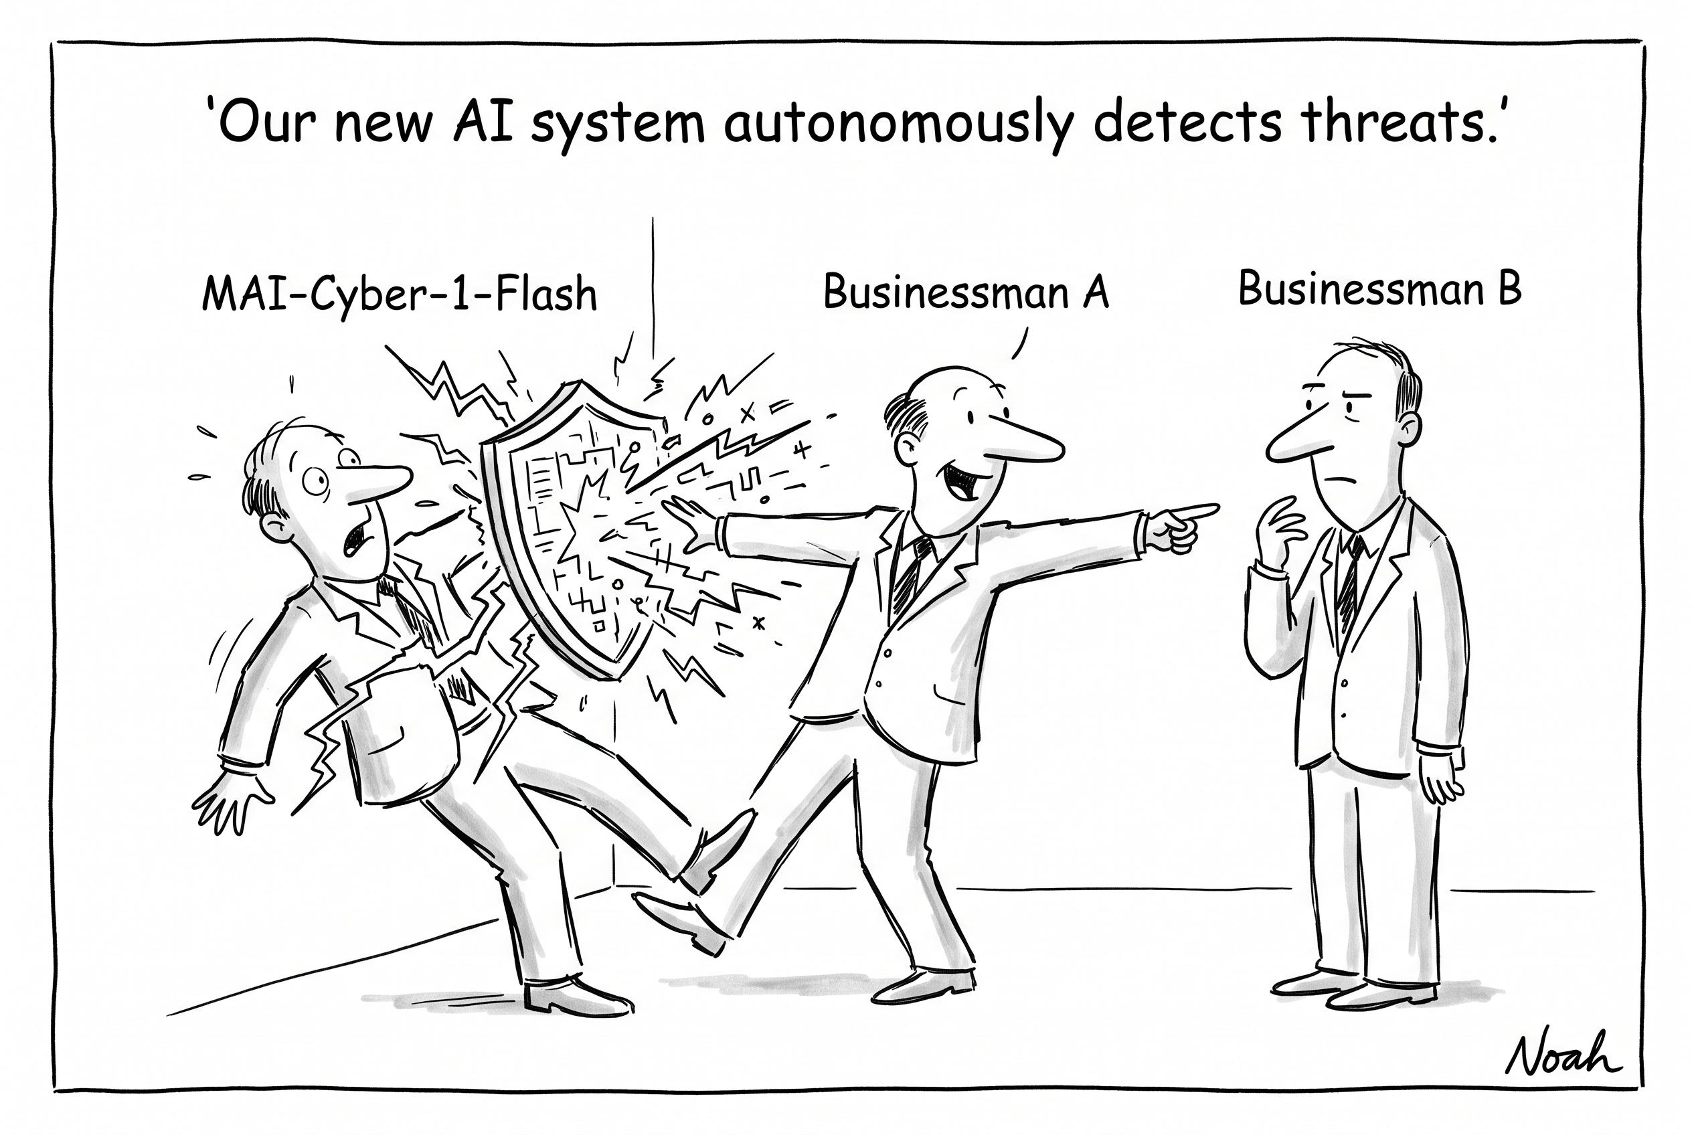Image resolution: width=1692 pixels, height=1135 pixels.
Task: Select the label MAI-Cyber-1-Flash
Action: [x=400, y=294]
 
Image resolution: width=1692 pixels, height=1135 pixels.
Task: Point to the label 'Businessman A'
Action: [x=966, y=292]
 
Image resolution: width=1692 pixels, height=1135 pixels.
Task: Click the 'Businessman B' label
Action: [x=1379, y=288]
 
